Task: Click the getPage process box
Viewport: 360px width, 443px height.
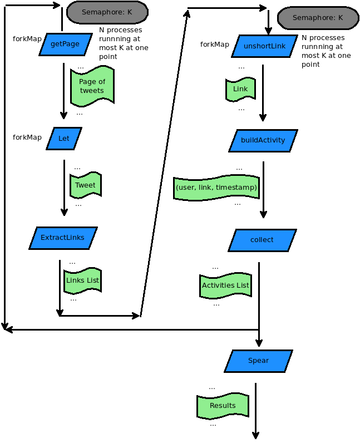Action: [65, 45]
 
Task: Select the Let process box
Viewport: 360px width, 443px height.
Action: [63, 139]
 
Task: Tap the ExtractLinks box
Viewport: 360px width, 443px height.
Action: [63, 238]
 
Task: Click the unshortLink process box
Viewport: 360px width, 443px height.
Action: [264, 46]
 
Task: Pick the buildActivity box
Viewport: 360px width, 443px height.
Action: [263, 140]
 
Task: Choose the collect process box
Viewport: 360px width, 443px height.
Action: [262, 240]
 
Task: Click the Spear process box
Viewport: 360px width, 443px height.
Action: [258, 361]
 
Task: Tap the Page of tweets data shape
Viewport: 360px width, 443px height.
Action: [92, 86]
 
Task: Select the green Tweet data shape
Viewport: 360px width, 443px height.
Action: [85, 185]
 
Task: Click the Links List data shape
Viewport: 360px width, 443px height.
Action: [82, 280]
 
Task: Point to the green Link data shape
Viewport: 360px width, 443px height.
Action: [240, 89]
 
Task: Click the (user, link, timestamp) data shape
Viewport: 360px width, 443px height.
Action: [216, 188]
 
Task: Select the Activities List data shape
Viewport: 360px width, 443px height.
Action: [225, 286]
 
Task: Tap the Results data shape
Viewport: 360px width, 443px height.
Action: [223, 406]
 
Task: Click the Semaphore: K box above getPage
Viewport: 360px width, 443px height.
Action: [107, 12]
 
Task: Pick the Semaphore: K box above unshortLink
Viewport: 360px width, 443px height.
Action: [318, 18]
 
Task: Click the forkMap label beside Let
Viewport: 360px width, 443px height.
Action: [27, 137]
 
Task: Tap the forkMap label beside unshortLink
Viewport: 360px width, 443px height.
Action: [214, 45]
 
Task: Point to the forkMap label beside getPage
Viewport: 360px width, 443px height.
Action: [27, 39]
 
